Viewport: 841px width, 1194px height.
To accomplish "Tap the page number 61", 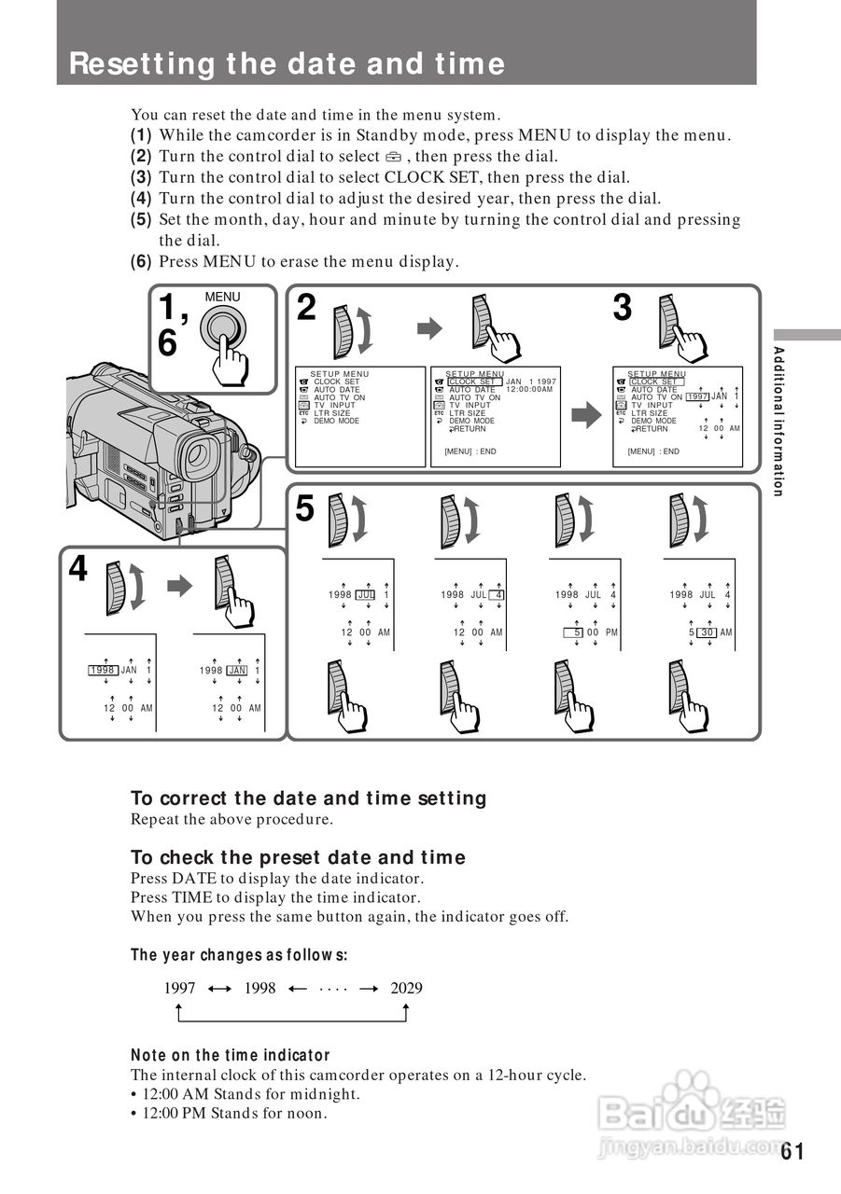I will pyautogui.click(x=792, y=1150).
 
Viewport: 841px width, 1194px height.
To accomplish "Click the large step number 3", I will pyautogui.click(x=623, y=309).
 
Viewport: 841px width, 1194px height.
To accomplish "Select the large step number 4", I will pyautogui.click(x=78, y=568).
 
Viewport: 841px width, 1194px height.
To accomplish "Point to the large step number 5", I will pyautogui.click(x=305, y=509).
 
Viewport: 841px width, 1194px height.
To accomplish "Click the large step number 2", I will pyautogui.click(x=306, y=309).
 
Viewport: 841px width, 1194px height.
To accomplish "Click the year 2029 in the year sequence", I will pyautogui.click(x=406, y=988).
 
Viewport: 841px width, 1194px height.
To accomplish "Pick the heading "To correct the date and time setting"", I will pyautogui.click(x=309, y=798).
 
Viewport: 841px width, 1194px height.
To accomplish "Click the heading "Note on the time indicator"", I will pyautogui.click(x=231, y=1055).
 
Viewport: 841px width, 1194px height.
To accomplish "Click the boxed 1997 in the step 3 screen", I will pyautogui.click(x=697, y=397).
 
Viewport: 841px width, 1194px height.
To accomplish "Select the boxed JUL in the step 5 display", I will pyautogui.click(x=365, y=595).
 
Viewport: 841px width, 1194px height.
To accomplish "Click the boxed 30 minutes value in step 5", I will pyautogui.click(x=708, y=632).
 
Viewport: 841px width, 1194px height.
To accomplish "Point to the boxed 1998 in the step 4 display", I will pyautogui.click(x=102, y=670).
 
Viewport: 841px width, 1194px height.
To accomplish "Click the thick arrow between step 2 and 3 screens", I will pyautogui.click(x=586, y=417).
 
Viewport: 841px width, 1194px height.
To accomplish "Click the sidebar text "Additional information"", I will pyautogui.click(x=778, y=421).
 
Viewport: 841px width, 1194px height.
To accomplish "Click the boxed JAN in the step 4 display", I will pyautogui.click(x=237, y=670).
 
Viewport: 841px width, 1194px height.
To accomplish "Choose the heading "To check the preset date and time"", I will pyautogui.click(x=298, y=857).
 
